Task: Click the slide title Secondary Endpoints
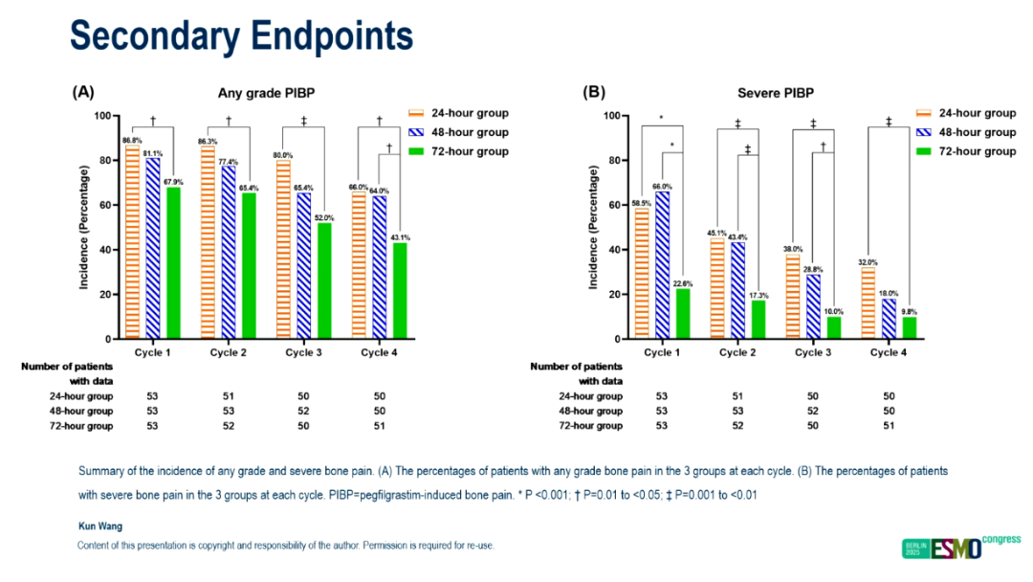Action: pyautogui.click(x=241, y=36)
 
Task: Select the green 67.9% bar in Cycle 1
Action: pyautogui.click(x=173, y=263)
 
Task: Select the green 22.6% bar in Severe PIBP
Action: pyautogui.click(x=682, y=314)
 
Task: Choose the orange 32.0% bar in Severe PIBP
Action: pyautogui.click(x=868, y=303)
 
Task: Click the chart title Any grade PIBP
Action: pyautogui.click(x=266, y=94)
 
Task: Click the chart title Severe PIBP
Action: pyautogui.click(x=776, y=94)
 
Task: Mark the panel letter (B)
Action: pyautogui.click(x=594, y=93)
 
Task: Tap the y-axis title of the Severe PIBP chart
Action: pyautogui.click(x=594, y=227)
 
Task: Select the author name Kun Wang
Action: pyautogui.click(x=99, y=526)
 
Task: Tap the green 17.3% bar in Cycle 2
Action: pyautogui.click(x=758, y=320)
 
